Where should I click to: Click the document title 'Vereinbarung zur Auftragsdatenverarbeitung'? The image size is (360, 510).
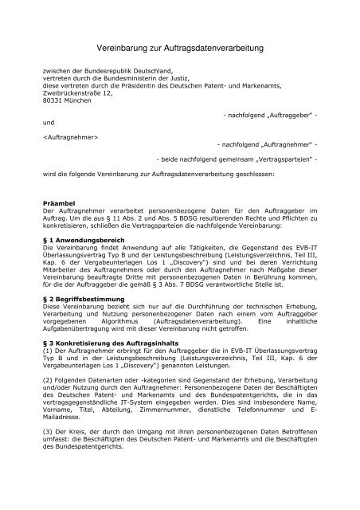point(179,49)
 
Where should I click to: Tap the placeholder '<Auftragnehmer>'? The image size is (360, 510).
point(71,136)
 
